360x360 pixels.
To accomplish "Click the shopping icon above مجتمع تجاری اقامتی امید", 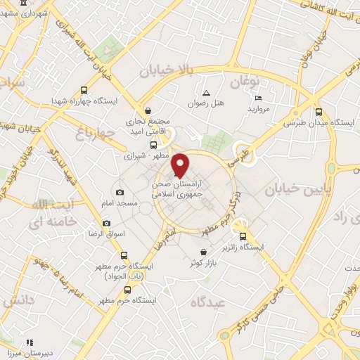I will (x=148, y=110).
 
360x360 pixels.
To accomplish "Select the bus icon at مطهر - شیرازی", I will (x=153, y=144).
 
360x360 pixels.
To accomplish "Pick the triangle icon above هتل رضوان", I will (x=206, y=93).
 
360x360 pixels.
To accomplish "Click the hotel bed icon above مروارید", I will (x=258, y=98).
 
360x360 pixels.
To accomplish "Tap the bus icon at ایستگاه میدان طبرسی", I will (x=319, y=111).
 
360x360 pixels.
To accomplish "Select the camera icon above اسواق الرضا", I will (x=106, y=224).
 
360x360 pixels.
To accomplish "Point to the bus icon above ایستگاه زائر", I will (x=243, y=236).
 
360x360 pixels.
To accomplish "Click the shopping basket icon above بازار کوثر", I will (x=203, y=252).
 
